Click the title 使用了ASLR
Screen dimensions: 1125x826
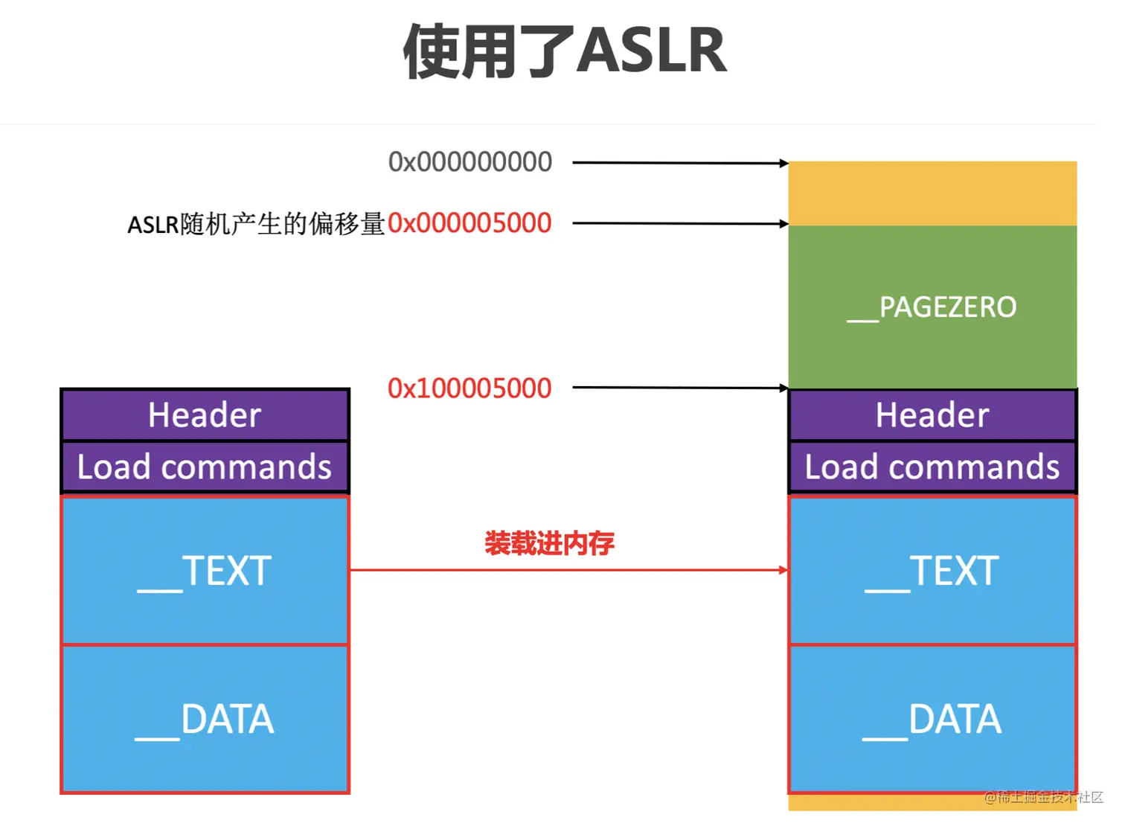pyautogui.click(x=565, y=51)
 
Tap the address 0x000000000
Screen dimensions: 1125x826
pyautogui.click(x=470, y=161)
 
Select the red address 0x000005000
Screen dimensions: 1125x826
pyautogui.click(x=469, y=223)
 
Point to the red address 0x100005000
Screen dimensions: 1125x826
pyautogui.click(x=469, y=388)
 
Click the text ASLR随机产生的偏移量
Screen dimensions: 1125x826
pyautogui.click(x=257, y=224)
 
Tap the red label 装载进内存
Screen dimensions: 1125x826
pyautogui.click(x=549, y=543)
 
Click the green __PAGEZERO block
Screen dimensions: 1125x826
pyautogui.click(x=932, y=307)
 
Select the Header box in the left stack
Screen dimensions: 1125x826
pyautogui.click(x=205, y=415)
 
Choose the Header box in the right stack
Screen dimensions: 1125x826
pyautogui.click(x=932, y=415)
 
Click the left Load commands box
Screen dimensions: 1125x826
pyautogui.click(x=205, y=467)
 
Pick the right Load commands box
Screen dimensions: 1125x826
pyautogui.click(x=932, y=467)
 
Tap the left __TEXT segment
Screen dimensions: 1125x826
pyautogui.click(x=205, y=570)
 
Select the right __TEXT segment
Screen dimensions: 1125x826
pyautogui.click(x=932, y=570)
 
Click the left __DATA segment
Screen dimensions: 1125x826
pyautogui.click(x=205, y=719)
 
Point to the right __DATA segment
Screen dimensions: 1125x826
pyautogui.click(x=932, y=719)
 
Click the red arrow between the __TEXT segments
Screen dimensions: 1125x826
pyautogui.click(x=569, y=570)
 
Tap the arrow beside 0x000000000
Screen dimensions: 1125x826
pyautogui.click(x=681, y=163)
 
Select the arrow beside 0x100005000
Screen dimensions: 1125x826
pyautogui.click(x=681, y=388)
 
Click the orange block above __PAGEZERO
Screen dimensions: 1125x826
pyautogui.click(x=932, y=193)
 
